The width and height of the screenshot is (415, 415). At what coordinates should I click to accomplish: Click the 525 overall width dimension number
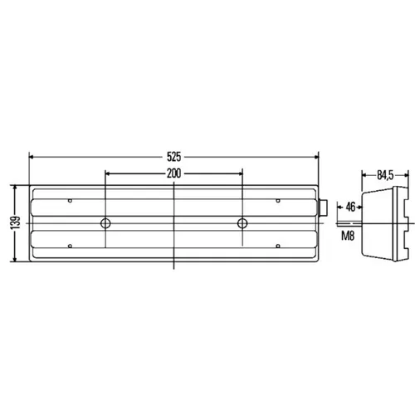(x=173, y=154)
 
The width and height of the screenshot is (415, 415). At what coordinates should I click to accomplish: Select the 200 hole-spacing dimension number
(x=173, y=174)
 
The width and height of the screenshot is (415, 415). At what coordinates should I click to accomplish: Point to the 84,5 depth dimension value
(x=383, y=175)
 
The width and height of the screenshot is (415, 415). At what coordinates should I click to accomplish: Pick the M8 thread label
(x=348, y=237)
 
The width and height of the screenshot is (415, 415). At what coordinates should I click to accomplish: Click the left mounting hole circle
(x=105, y=223)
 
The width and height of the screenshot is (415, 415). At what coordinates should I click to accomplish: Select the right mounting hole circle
(x=242, y=223)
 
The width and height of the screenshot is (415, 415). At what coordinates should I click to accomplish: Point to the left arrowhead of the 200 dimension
(x=109, y=174)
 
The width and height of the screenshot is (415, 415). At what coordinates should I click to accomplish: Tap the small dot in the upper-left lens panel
(x=71, y=201)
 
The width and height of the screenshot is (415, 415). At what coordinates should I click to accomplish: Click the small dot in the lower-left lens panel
(x=71, y=246)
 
